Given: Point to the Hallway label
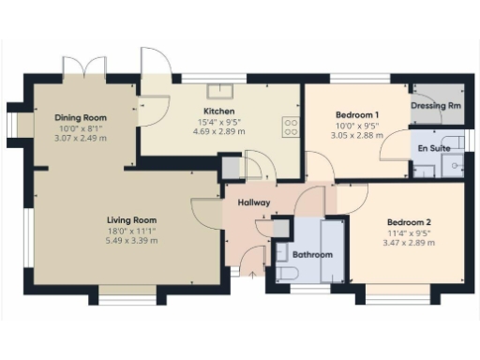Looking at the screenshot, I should (x=254, y=202).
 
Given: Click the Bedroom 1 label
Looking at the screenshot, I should (x=356, y=114).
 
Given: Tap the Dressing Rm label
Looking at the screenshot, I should (x=436, y=106).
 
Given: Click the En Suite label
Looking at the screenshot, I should (x=434, y=148).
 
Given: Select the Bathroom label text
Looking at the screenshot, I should (x=311, y=254).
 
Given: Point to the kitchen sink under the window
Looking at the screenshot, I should (x=221, y=90).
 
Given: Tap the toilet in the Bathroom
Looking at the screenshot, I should (x=288, y=271).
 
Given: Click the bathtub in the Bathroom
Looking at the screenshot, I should (x=334, y=250).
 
